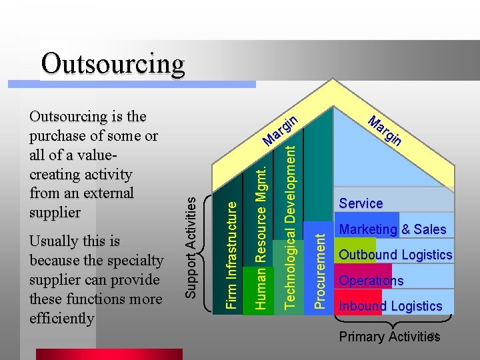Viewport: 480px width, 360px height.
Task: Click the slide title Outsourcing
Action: [112, 64]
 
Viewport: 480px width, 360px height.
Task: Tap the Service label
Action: [361, 203]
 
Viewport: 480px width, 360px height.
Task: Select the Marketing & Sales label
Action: [393, 229]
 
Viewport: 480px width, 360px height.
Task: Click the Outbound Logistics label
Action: [395, 255]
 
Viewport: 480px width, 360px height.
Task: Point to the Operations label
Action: [371, 281]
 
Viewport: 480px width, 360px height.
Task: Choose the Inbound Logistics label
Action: [390, 307]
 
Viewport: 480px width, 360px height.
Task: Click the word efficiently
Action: [62, 318]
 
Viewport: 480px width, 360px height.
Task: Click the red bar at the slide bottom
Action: [109, 354]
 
